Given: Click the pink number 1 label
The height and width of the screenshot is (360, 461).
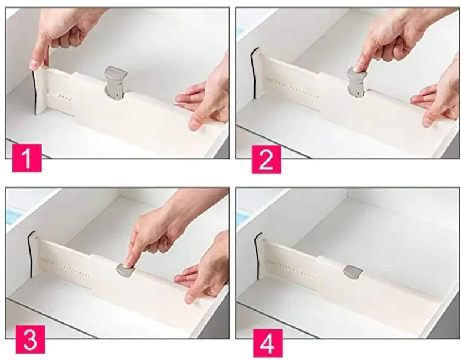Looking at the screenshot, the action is [26, 158].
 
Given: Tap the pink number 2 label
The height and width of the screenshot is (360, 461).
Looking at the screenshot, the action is [266, 159].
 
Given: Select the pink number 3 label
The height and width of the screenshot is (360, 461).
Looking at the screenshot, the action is [30, 339].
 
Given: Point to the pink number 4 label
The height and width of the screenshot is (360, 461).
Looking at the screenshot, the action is [268, 343].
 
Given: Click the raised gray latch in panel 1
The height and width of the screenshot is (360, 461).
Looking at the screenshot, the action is [115, 83].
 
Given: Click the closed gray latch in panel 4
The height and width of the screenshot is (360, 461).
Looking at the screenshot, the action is [353, 272].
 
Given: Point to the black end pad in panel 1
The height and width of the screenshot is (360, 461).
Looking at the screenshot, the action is [34, 92].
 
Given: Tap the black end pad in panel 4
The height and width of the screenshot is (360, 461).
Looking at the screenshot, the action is [257, 255].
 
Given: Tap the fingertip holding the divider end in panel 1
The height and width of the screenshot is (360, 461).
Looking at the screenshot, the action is [35, 64].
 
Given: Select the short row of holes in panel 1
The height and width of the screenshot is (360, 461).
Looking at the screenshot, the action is [65, 97].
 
